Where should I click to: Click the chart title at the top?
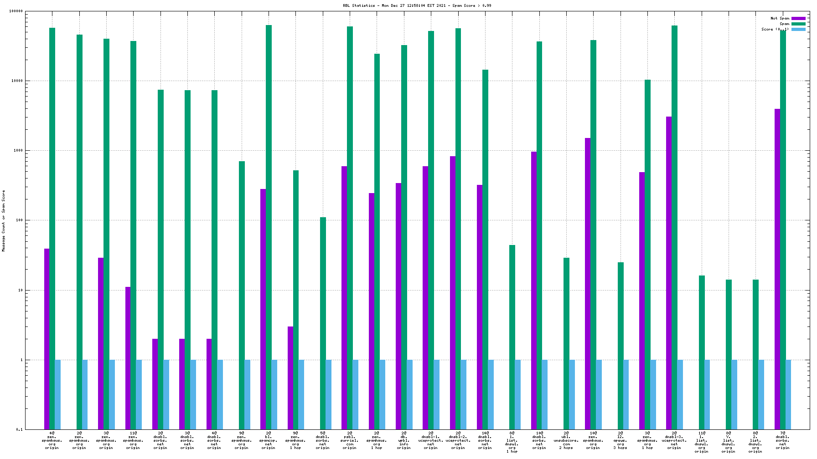(417, 5)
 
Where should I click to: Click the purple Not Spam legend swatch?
(798, 19)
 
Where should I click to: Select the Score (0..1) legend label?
(775, 29)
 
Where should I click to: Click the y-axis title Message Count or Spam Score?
(4, 221)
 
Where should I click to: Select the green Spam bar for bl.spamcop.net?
(269, 228)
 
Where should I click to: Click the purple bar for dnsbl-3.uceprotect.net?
(669, 273)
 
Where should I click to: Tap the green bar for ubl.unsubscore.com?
(566, 344)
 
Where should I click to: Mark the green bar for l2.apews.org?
(621, 346)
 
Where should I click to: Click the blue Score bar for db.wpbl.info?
(409, 394)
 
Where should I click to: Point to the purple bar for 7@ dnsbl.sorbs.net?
(777, 269)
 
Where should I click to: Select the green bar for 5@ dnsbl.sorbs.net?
(323, 323)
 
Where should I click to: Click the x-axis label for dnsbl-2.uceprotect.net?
(458, 440)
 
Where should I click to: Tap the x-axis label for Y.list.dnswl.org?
(729, 442)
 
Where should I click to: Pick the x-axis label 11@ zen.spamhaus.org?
(133, 440)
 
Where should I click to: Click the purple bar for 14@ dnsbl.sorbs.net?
(480, 307)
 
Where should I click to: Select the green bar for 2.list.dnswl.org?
(755, 355)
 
